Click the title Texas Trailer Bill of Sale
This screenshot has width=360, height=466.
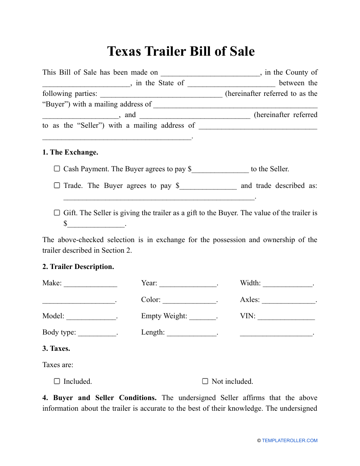[181, 51]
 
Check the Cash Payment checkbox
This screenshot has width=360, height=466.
[57, 169]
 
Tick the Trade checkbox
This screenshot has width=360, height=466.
[57, 185]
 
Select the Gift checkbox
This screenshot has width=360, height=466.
[57, 213]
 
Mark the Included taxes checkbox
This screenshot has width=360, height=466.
[57, 381]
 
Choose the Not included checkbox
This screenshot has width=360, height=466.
[205, 381]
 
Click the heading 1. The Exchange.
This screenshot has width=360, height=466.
[70, 152]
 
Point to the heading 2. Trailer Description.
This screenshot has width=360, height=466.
[78, 267]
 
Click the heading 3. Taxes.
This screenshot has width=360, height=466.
[56, 349]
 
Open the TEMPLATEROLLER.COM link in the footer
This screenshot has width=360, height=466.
[290, 441]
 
